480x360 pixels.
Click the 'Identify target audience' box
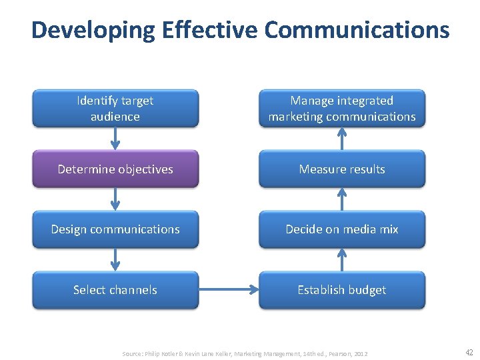click(x=115, y=108)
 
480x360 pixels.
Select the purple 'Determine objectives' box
click(x=115, y=169)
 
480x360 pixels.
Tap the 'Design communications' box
click(x=115, y=229)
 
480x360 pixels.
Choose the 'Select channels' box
click(x=115, y=289)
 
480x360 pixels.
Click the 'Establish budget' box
click(x=341, y=289)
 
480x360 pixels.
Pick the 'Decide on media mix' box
click(x=341, y=229)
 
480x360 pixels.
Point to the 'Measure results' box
click(x=341, y=169)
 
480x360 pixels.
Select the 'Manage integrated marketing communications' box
click(x=341, y=108)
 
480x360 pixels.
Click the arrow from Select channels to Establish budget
click(x=229, y=289)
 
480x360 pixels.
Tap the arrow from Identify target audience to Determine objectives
click(x=115, y=138)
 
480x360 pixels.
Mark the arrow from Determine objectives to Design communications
click(x=115, y=199)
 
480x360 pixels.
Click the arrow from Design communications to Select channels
click(x=115, y=259)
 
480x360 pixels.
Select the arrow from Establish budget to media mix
click(x=341, y=259)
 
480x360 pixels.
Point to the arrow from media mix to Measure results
click(x=341, y=199)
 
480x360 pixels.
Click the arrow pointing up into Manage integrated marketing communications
click(x=341, y=138)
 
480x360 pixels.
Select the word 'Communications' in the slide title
click(x=357, y=30)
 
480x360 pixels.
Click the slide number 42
click(x=469, y=353)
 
